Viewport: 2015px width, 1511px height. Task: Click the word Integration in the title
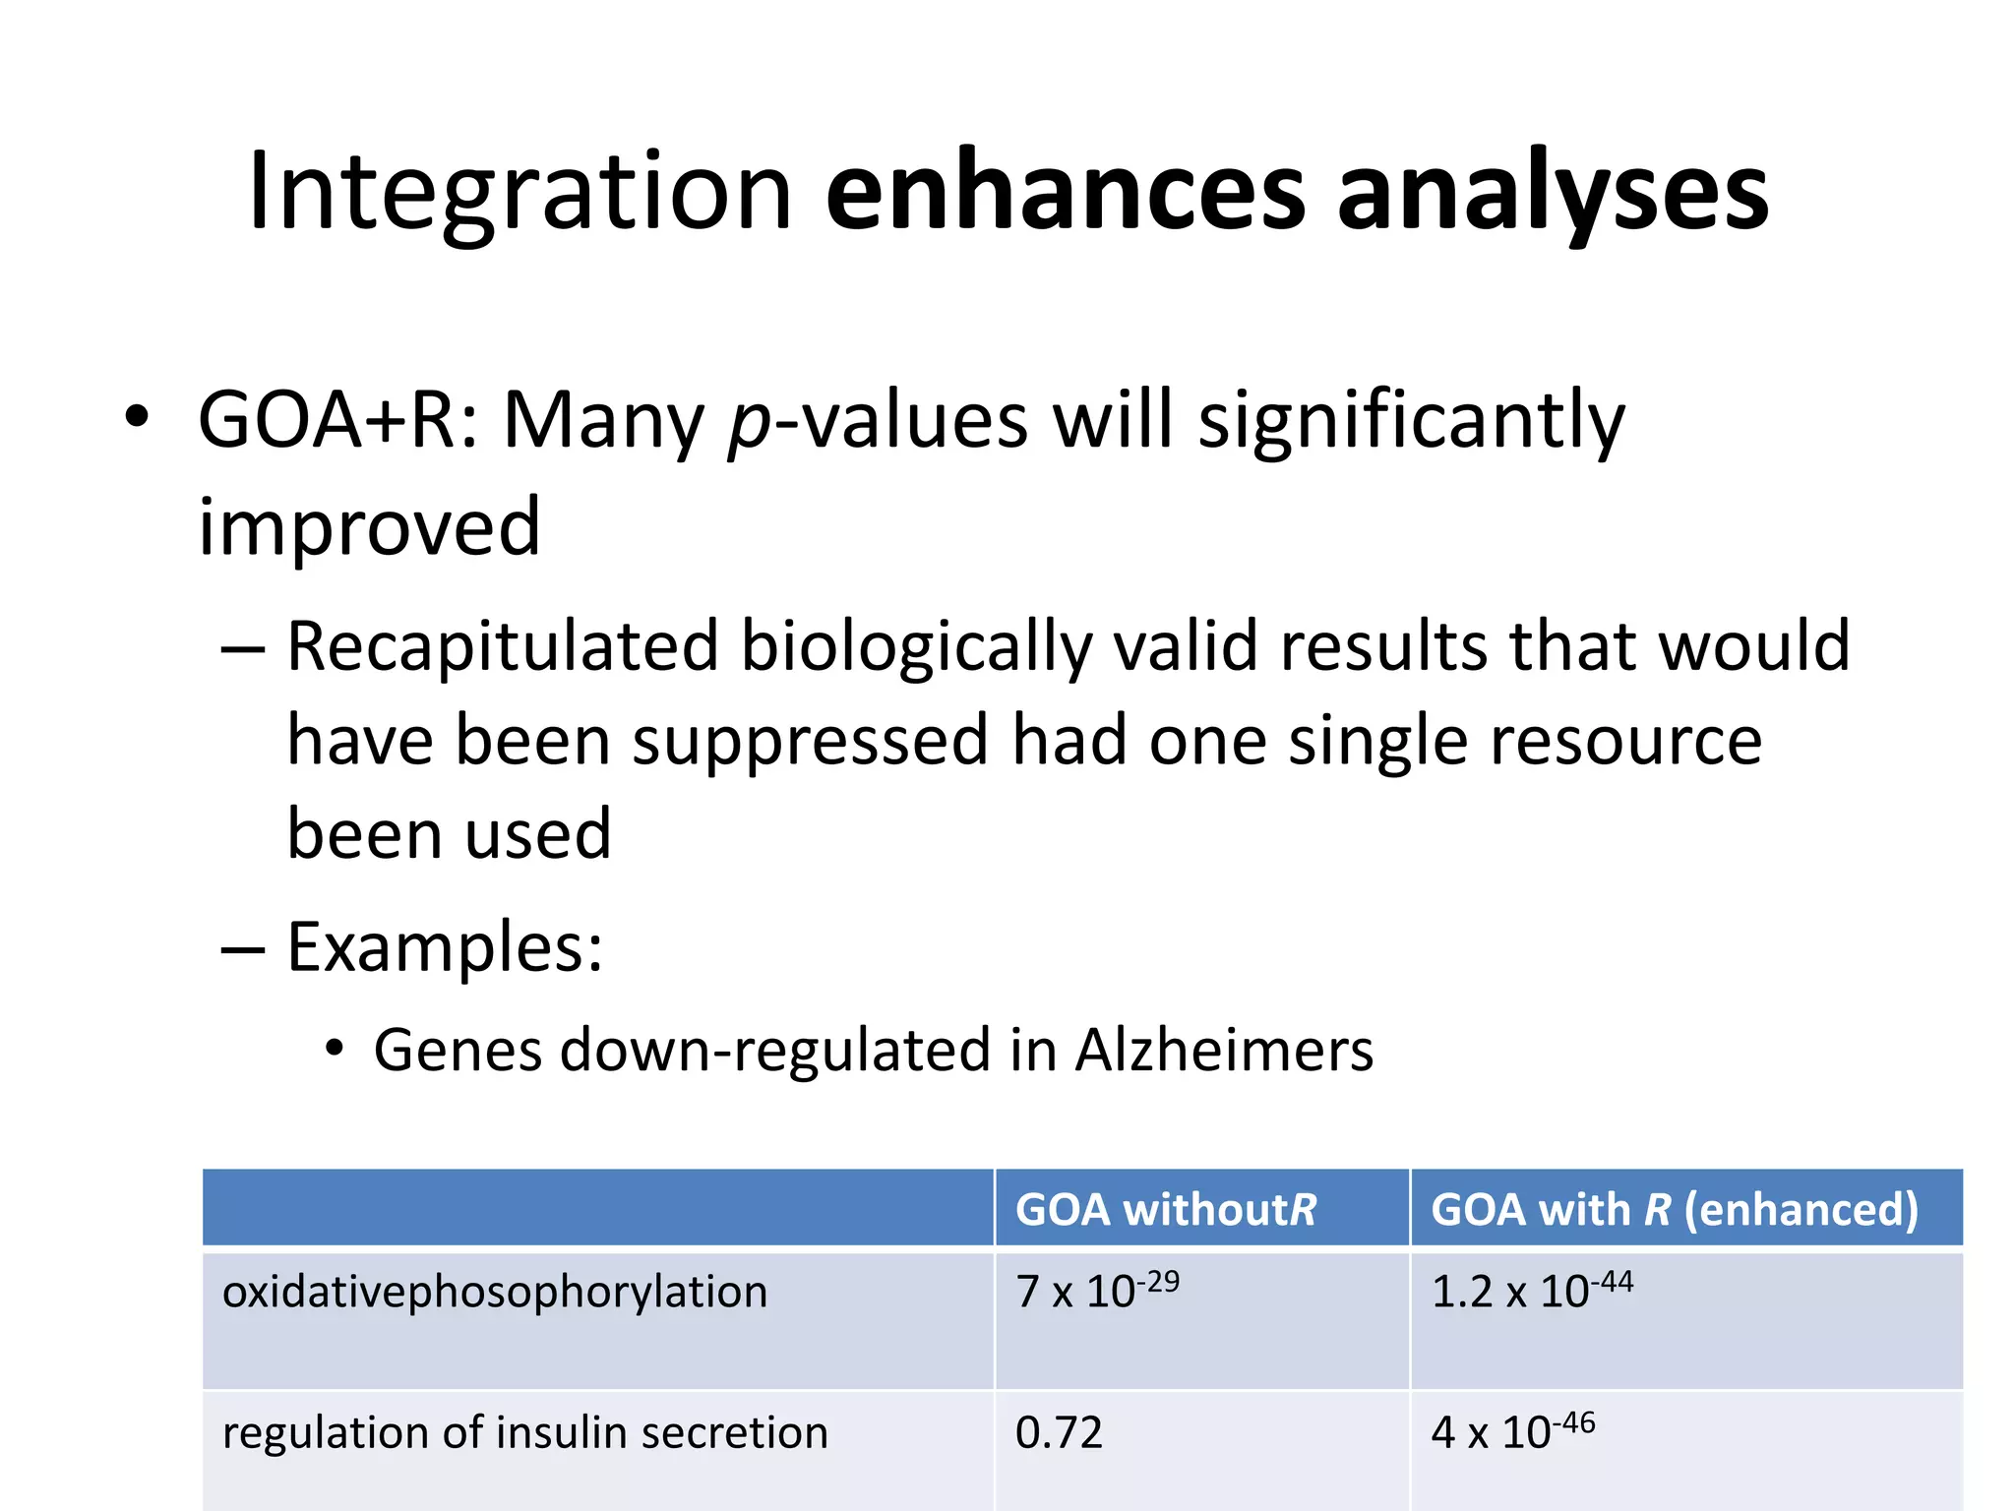point(519,192)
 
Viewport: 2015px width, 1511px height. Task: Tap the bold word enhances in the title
point(1065,192)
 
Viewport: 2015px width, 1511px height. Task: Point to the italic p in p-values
point(750,429)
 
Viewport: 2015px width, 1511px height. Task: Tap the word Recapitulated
point(503,646)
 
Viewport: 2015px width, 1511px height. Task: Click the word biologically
point(915,646)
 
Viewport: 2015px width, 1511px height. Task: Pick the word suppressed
point(810,741)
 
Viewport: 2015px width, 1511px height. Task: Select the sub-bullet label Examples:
point(445,947)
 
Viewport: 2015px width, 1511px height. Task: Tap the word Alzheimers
point(1224,1050)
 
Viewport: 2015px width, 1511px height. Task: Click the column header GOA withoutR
point(1165,1209)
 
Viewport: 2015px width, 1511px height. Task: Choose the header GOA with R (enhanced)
point(1674,1209)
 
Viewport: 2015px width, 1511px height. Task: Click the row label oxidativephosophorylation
point(495,1292)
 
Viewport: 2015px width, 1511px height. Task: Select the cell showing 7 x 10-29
point(1096,1291)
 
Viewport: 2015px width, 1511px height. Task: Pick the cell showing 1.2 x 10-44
point(1531,1291)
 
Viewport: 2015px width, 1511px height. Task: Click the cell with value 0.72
point(1059,1432)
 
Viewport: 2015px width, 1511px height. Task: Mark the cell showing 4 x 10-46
point(1511,1432)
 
